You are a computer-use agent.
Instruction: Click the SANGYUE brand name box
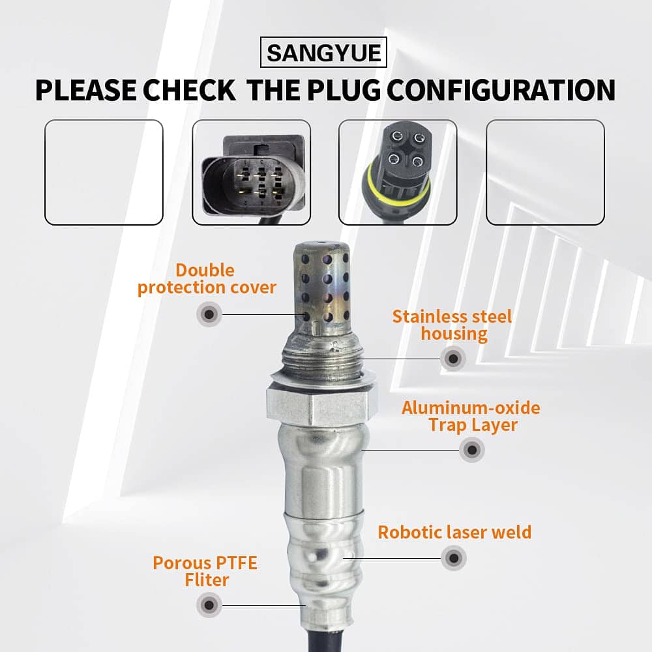(323, 52)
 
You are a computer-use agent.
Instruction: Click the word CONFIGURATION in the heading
(501, 90)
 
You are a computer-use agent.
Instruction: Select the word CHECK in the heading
(189, 90)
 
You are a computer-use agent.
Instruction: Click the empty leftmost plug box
(104, 172)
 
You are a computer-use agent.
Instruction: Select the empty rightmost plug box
(545, 172)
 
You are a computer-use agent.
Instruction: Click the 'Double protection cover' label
(207, 279)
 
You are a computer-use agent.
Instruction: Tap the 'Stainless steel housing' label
(452, 325)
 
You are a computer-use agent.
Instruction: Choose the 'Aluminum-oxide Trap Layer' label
(471, 416)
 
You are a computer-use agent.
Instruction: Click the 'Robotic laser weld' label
(454, 532)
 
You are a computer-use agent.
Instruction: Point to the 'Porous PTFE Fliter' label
(205, 571)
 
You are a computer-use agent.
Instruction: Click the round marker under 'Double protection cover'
(209, 314)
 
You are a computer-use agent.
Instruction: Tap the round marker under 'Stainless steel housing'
(453, 358)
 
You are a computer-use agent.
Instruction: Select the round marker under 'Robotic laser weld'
(454, 558)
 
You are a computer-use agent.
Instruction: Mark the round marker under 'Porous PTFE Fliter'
(209, 605)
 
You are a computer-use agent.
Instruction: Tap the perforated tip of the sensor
(322, 287)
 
